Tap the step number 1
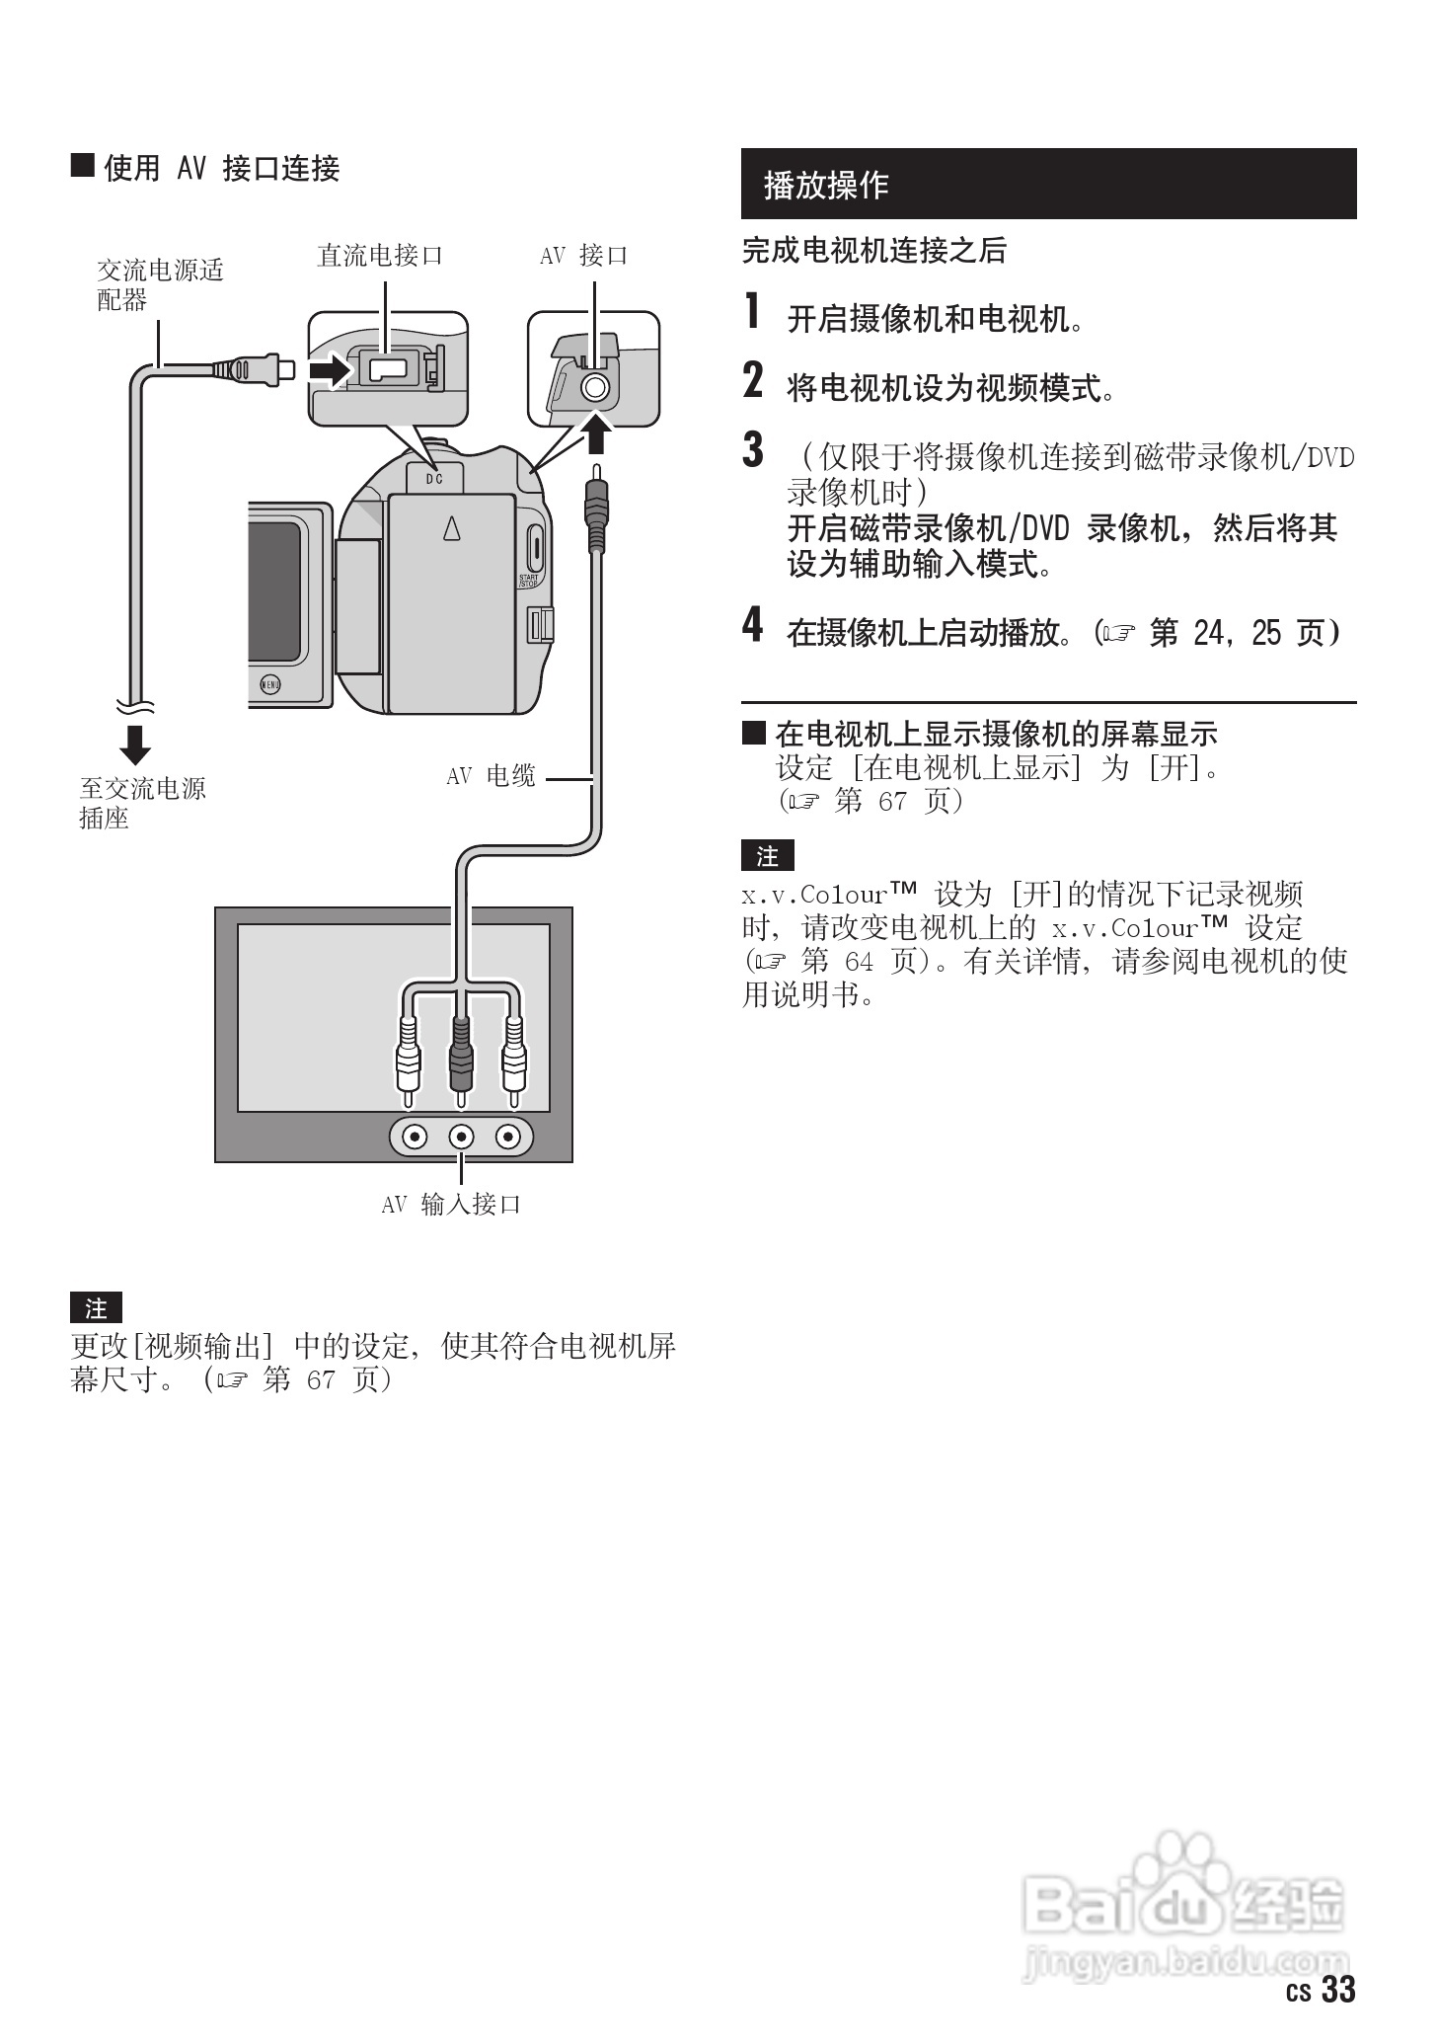(x=752, y=312)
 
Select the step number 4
(x=752, y=625)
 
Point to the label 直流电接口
(x=379, y=256)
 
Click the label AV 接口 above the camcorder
(x=583, y=256)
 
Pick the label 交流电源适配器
(x=159, y=284)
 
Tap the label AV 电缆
(x=491, y=776)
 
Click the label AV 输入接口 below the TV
(x=451, y=1205)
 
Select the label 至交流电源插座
(x=142, y=803)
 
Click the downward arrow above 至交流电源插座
(x=135, y=745)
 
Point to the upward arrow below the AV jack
(x=595, y=433)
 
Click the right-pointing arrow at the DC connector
(x=329, y=370)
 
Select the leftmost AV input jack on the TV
(x=415, y=1138)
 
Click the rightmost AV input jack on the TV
(x=508, y=1138)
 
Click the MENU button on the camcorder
(x=269, y=683)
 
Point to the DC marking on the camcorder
(x=434, y=479)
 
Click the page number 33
(x=1338, y=1989)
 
